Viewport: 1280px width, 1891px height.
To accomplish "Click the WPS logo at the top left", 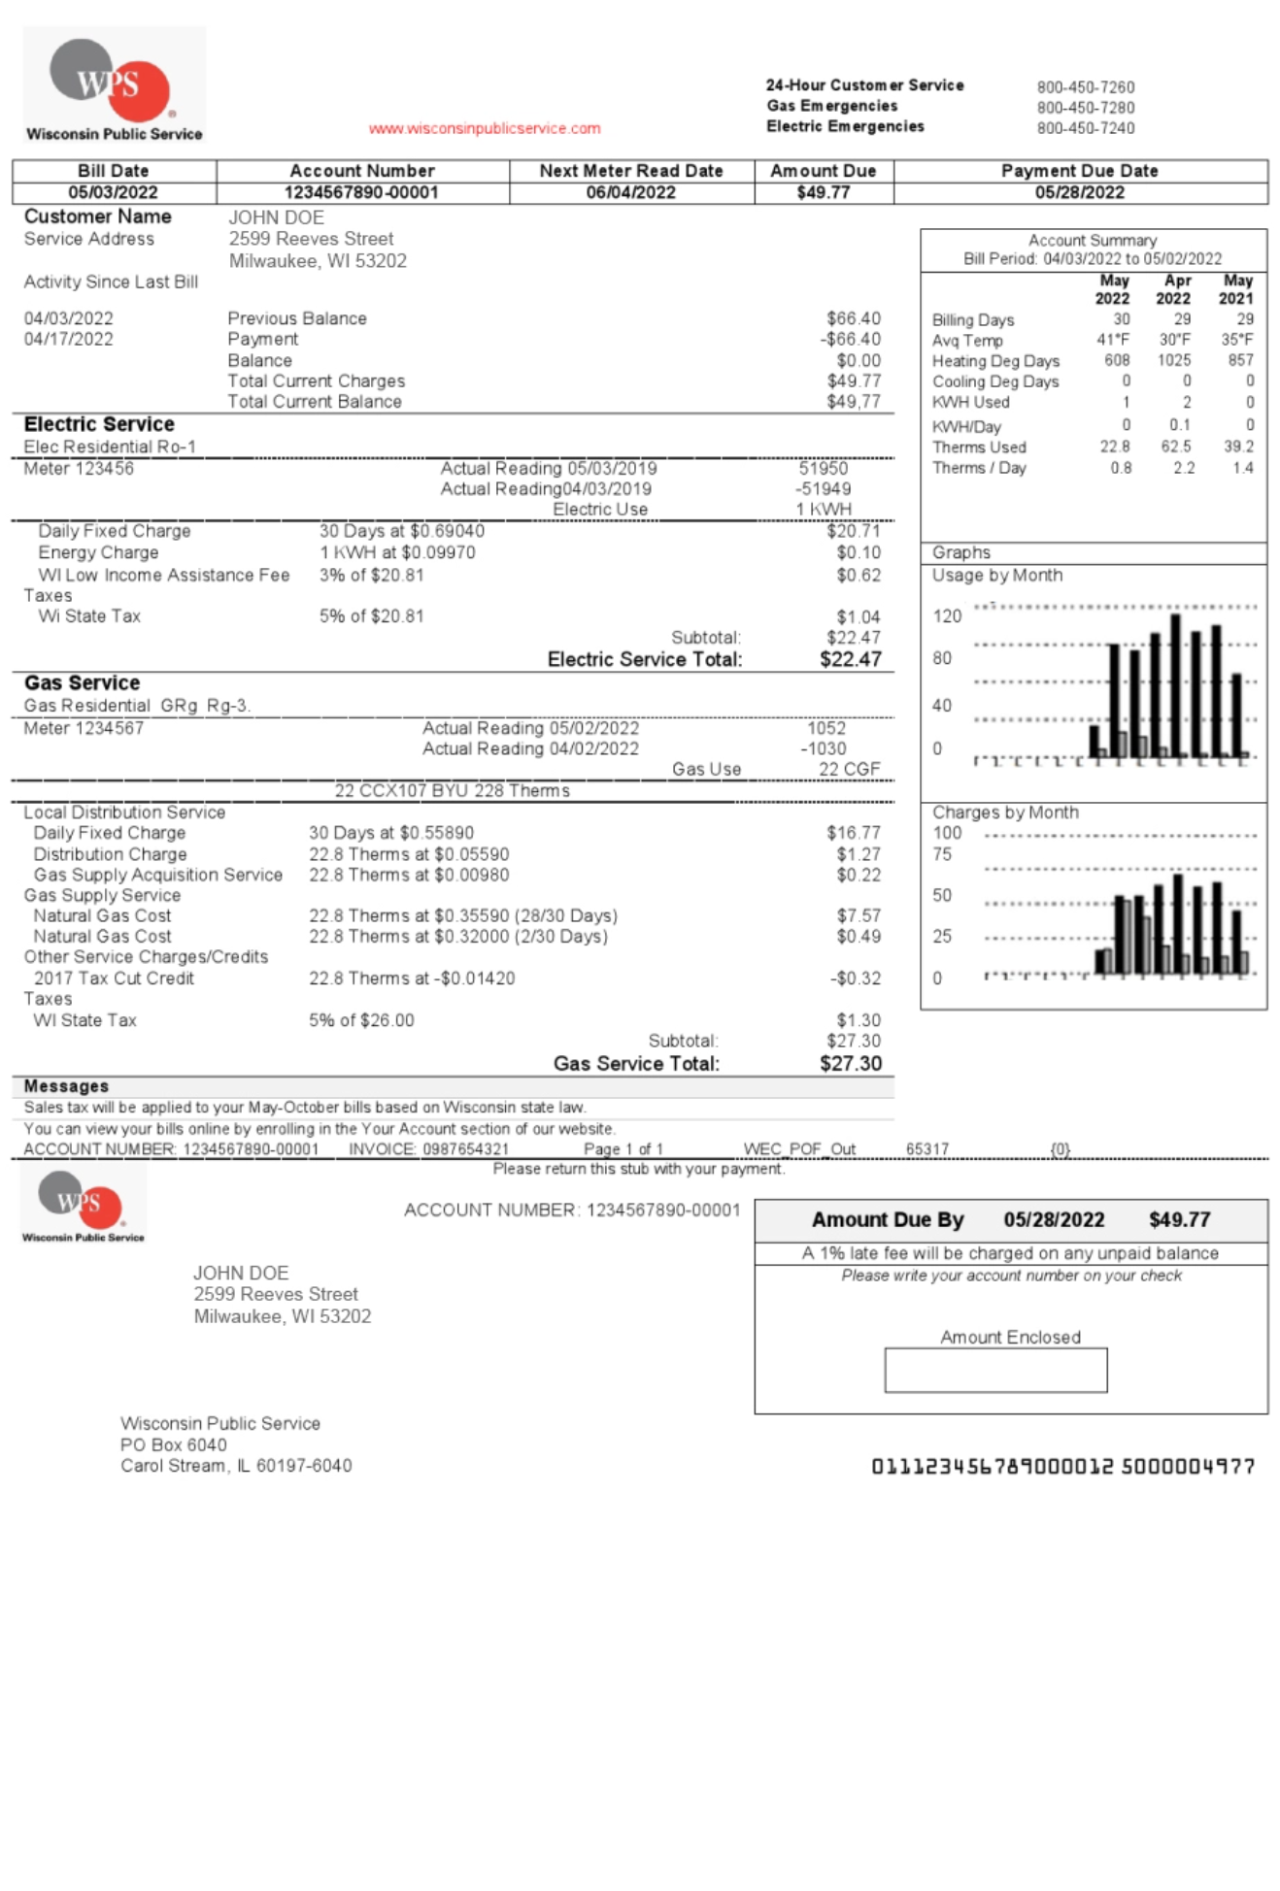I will [x=114, y=84].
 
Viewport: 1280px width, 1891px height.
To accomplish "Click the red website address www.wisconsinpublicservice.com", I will [x=484, y=128].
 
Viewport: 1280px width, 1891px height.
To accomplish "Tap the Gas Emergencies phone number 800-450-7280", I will [x=1085, y=108].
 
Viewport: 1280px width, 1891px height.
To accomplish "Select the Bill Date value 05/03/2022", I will [x=113, y=192].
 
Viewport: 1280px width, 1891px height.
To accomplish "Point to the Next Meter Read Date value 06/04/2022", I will [x=630, y=192].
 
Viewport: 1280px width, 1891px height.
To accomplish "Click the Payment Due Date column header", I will [x=1079, y=171].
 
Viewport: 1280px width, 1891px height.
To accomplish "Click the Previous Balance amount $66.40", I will [x=853, y=318].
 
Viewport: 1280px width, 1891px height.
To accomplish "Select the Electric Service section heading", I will [x=99, y=424].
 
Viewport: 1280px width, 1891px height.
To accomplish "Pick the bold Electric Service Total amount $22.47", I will [x=850, y=660].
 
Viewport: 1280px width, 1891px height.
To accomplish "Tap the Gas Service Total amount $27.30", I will [x=850, y=1064].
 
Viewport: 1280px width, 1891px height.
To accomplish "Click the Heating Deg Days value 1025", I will [x=1173, y=360].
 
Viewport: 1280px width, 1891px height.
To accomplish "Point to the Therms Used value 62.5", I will [x=1175, y=447].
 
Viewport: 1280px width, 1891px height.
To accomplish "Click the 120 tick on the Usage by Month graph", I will [x=946, y=616].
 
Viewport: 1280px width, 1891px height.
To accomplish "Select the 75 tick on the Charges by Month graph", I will [x=941, y=854].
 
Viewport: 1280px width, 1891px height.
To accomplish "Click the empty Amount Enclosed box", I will [x=994, y=1370].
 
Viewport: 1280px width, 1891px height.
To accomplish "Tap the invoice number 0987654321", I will [x=465, y=1149].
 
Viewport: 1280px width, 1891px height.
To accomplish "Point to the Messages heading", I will [x=66, y=1086].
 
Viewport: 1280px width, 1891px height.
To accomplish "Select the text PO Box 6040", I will [x=173, y=1444].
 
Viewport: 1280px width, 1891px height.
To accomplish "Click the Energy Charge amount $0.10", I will [x=859, y=552].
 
